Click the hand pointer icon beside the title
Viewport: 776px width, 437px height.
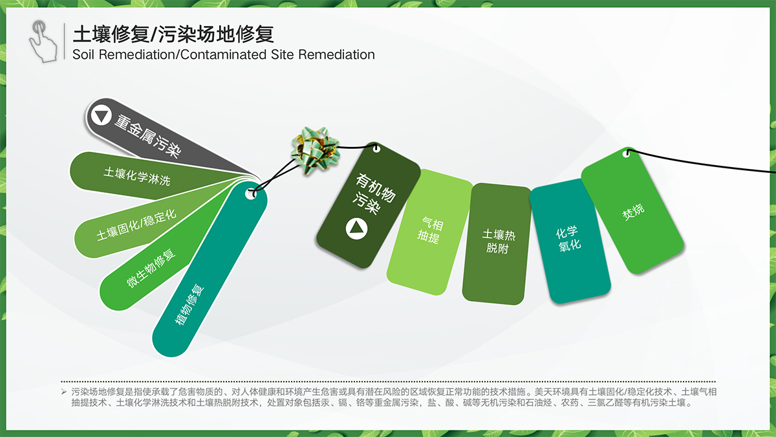(x=44, y=41)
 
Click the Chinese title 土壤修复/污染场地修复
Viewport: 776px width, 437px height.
(x=173, y=34)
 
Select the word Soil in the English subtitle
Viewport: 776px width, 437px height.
(x=83, y=54)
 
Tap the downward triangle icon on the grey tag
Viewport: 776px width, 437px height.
(x=101, y=115)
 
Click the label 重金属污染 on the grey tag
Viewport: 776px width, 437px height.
(x=147, y=136)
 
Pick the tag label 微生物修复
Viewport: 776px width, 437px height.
(x=151, y=268)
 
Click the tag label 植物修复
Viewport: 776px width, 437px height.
(x=189, y=304)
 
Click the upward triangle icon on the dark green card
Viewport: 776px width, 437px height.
(x=356, y=229)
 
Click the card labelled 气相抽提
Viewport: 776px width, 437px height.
(x=430, y=232)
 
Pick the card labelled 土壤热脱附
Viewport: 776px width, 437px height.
(x=497, y=244)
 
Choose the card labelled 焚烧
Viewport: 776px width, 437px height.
(x=632, y=210)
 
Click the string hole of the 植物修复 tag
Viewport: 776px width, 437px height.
(x=251, y=194)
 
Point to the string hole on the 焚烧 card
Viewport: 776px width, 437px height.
(x=627, y=153)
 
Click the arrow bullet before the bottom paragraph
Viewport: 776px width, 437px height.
(x=64, y=392)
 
